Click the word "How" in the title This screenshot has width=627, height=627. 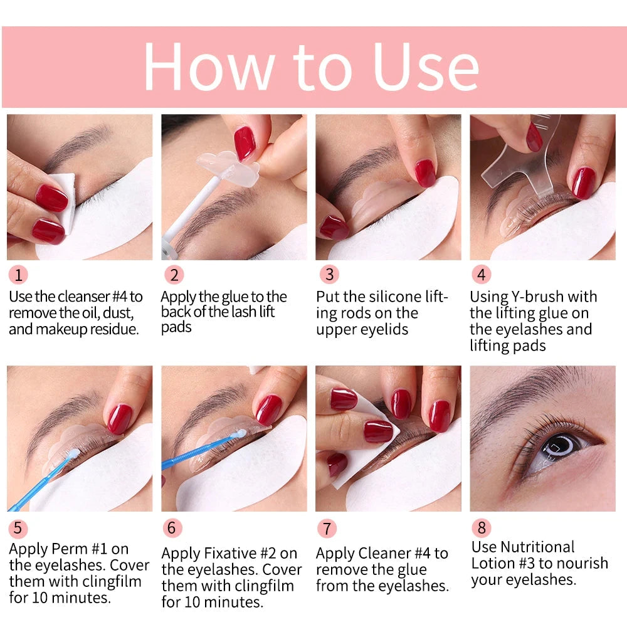coord(209,66)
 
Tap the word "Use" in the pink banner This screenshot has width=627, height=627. coord(426,66)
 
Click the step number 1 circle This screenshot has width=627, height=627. coord(18,275)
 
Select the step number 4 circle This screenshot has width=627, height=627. coord(481,275)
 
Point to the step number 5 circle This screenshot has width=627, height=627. coord(18,528)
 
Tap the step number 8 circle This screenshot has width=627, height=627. coord(481,528)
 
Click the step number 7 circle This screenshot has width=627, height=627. coord(327,528)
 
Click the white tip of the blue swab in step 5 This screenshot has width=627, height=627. coord(73,453)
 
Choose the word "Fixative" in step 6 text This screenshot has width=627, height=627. coord(233,554)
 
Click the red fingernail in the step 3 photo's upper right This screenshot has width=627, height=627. coord(424,172)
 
